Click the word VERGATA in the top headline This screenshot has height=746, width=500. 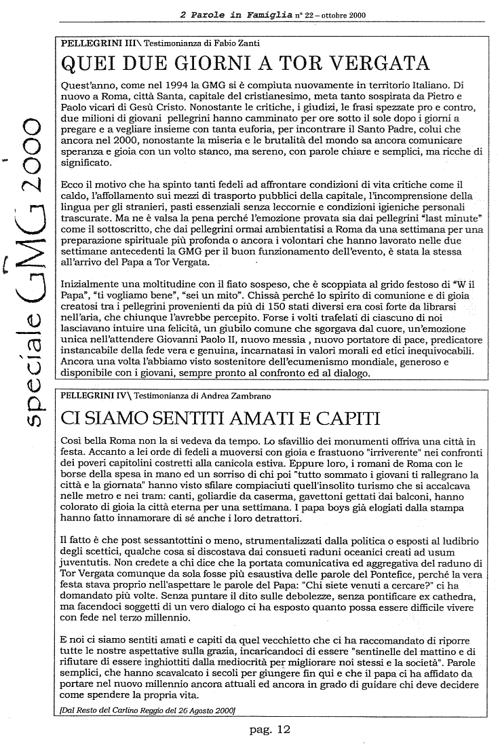(x=381, y=64)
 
